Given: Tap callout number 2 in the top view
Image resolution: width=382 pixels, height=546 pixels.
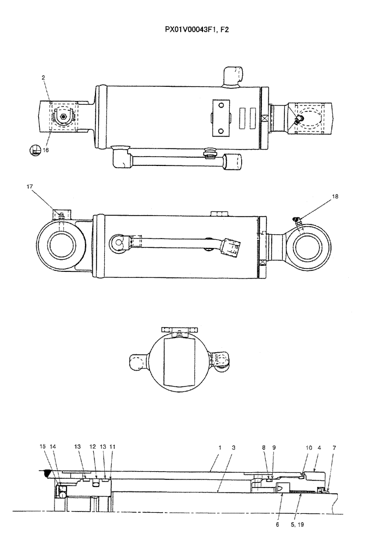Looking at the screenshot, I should tap(43, 78).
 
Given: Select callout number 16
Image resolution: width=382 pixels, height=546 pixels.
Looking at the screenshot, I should tap(46, 150).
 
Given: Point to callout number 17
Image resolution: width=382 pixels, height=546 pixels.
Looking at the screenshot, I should tap(28, 187).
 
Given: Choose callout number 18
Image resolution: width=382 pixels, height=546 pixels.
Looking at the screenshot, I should tap(335, 196).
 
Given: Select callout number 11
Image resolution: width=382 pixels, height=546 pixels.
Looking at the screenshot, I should tap(112, 447).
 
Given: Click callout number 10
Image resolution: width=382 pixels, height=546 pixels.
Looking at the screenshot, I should tap(309, 447).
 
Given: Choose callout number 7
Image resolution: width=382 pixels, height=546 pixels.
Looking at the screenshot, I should tap(334, 447).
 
